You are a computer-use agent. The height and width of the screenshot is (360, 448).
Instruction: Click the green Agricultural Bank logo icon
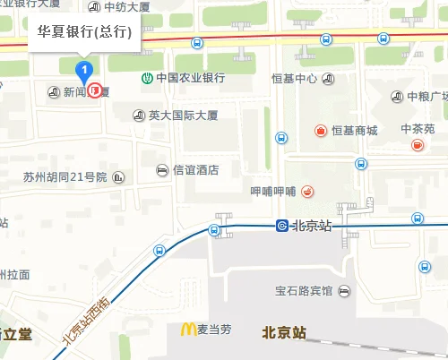[x=145, y=78]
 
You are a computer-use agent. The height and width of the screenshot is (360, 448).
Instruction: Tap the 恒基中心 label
[x=295, y=79]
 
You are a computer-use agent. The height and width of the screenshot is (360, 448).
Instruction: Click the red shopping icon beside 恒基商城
[x=320, y=131]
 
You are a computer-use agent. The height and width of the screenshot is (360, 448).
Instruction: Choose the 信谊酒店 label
[x=195, y=170]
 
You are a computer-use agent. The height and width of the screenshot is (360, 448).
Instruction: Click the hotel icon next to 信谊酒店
[x=162, y=170]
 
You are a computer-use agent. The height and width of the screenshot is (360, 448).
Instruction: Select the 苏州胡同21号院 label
[x=65, y=177]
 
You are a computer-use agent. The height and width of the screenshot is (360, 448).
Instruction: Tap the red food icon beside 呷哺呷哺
[x=307, y=191]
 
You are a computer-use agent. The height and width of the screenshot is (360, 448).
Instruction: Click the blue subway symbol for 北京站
[x=281, y=226]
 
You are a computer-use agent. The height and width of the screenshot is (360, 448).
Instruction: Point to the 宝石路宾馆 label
[x=304, y=291]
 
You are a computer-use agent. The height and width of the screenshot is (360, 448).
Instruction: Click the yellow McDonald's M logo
[x=188, y=329]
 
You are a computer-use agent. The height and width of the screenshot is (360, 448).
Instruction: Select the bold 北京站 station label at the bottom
[x=284, y=331]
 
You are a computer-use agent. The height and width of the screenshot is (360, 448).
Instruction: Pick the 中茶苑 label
[x=418, y=130]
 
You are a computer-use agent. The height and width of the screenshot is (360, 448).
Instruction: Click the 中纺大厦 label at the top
[x=126, y=7]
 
